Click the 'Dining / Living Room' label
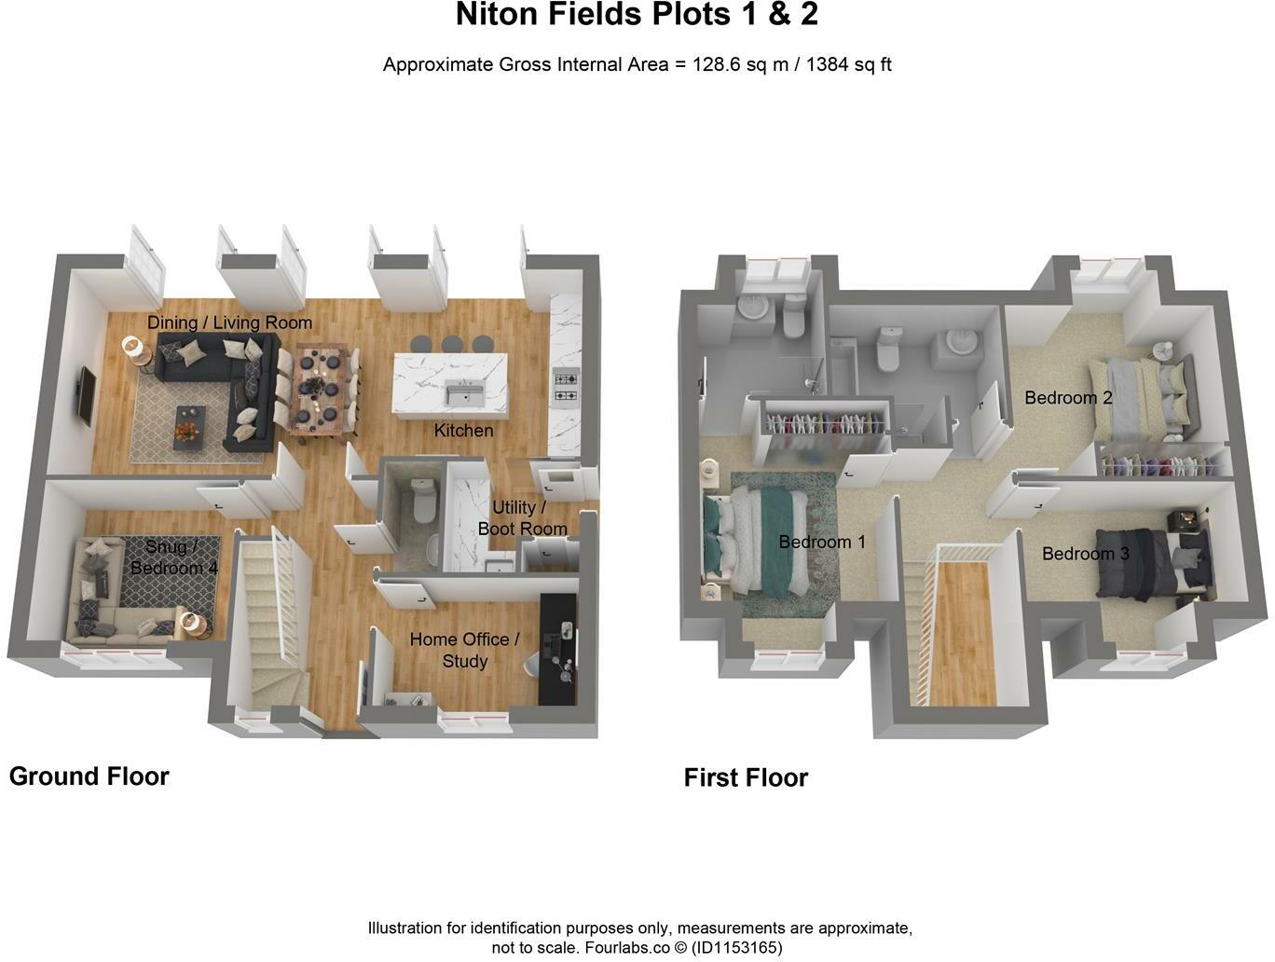pos(229,323)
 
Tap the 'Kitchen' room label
pos(463,431)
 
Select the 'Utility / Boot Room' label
pos(522,518)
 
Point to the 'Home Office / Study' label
pos(464,650)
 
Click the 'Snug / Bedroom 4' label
pos(172,557)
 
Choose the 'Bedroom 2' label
pos(1068,398)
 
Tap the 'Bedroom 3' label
pos(1085,554)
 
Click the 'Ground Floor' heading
pos(89,776)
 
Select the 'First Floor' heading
pos(746,777)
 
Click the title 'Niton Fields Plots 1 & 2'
pos(637,15)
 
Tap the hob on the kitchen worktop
pos(566,387)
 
